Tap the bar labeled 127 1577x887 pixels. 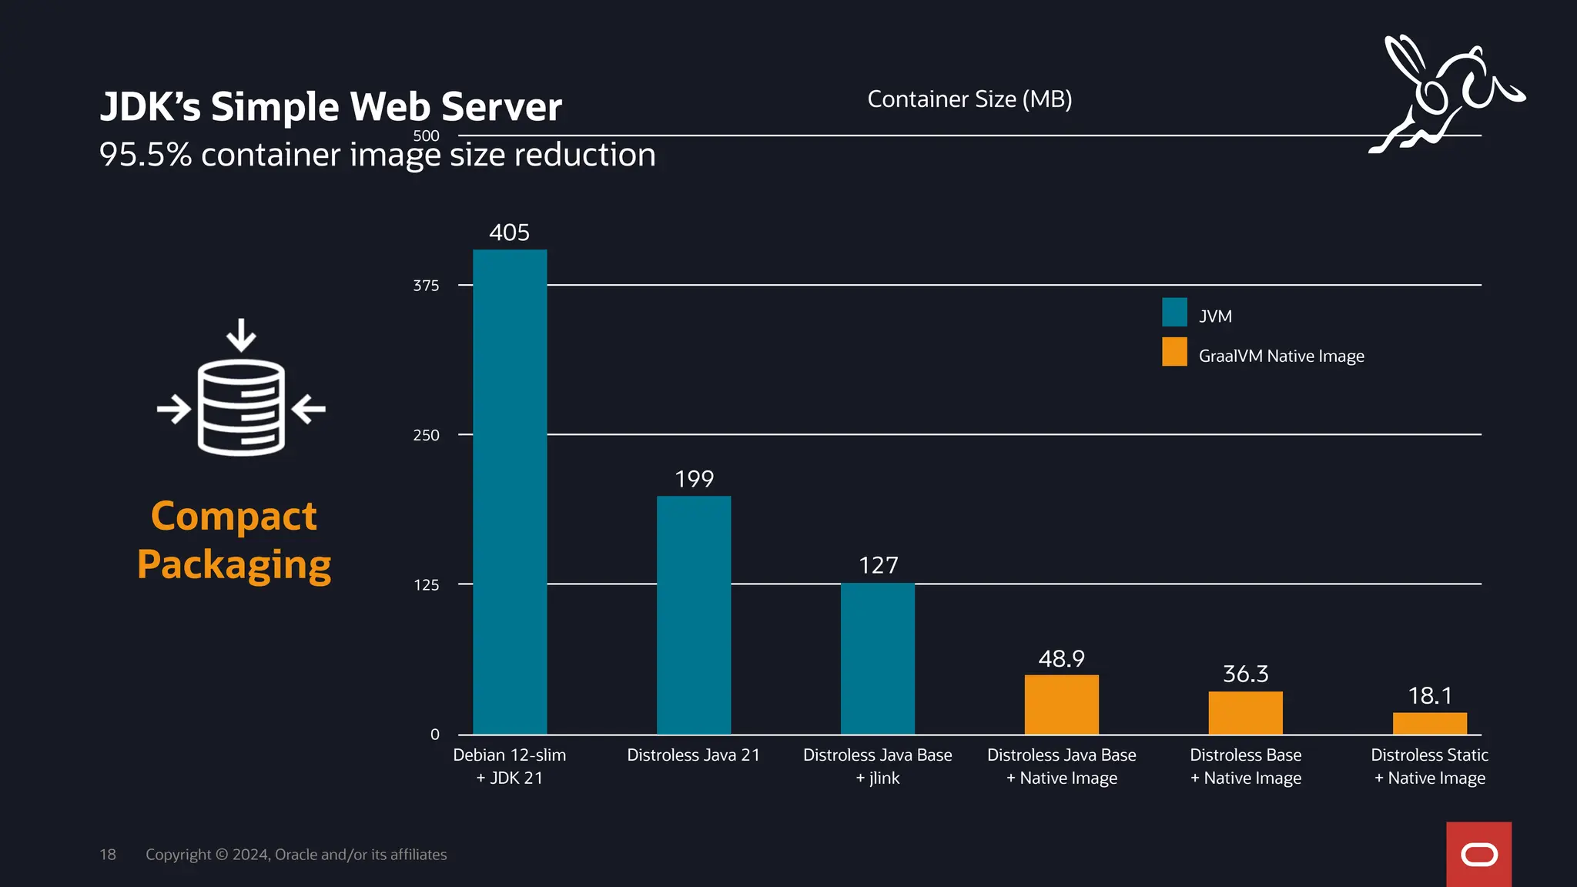point(878,658)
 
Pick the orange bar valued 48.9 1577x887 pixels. point(1061,705)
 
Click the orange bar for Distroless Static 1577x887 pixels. point(1429,724)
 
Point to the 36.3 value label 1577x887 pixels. point(1245,674)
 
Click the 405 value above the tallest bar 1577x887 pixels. point(509,233)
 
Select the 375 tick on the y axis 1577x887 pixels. point(426,286)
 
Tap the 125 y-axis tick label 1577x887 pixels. point(426,585)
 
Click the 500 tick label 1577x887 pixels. point(426,136)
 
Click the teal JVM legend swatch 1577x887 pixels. point(1174,313)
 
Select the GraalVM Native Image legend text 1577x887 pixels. point(1281,356)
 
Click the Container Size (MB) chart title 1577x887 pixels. point(969,99)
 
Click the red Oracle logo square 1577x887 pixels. point(1478,854)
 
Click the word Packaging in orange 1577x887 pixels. point(234,564)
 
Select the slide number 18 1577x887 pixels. point(108,855)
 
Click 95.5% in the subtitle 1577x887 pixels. point(145,155)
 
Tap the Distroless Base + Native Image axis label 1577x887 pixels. point(1245,766)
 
